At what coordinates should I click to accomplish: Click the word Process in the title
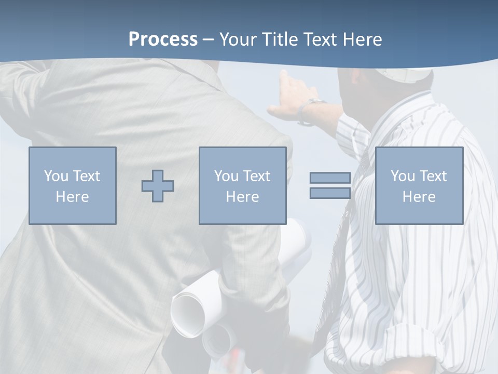pos(163,39)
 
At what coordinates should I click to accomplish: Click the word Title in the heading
pos(280,39)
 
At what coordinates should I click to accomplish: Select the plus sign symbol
pos(158,186)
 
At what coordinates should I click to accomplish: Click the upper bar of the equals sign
pos(330,178)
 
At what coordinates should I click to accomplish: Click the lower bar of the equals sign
pos(330,193)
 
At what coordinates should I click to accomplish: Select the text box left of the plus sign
pos(73,185)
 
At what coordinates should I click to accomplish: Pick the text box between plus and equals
pos(242,185)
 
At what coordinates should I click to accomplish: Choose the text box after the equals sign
pos(419,185)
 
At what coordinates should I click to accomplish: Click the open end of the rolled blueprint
pos(188,312)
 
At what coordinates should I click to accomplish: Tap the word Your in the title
pos(238,39)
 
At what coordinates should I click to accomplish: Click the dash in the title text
pos(208,39)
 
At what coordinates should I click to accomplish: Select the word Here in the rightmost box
pos(419,197)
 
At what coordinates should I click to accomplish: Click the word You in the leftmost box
pos(56,176)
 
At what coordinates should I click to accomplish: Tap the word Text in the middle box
pos(257,176)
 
